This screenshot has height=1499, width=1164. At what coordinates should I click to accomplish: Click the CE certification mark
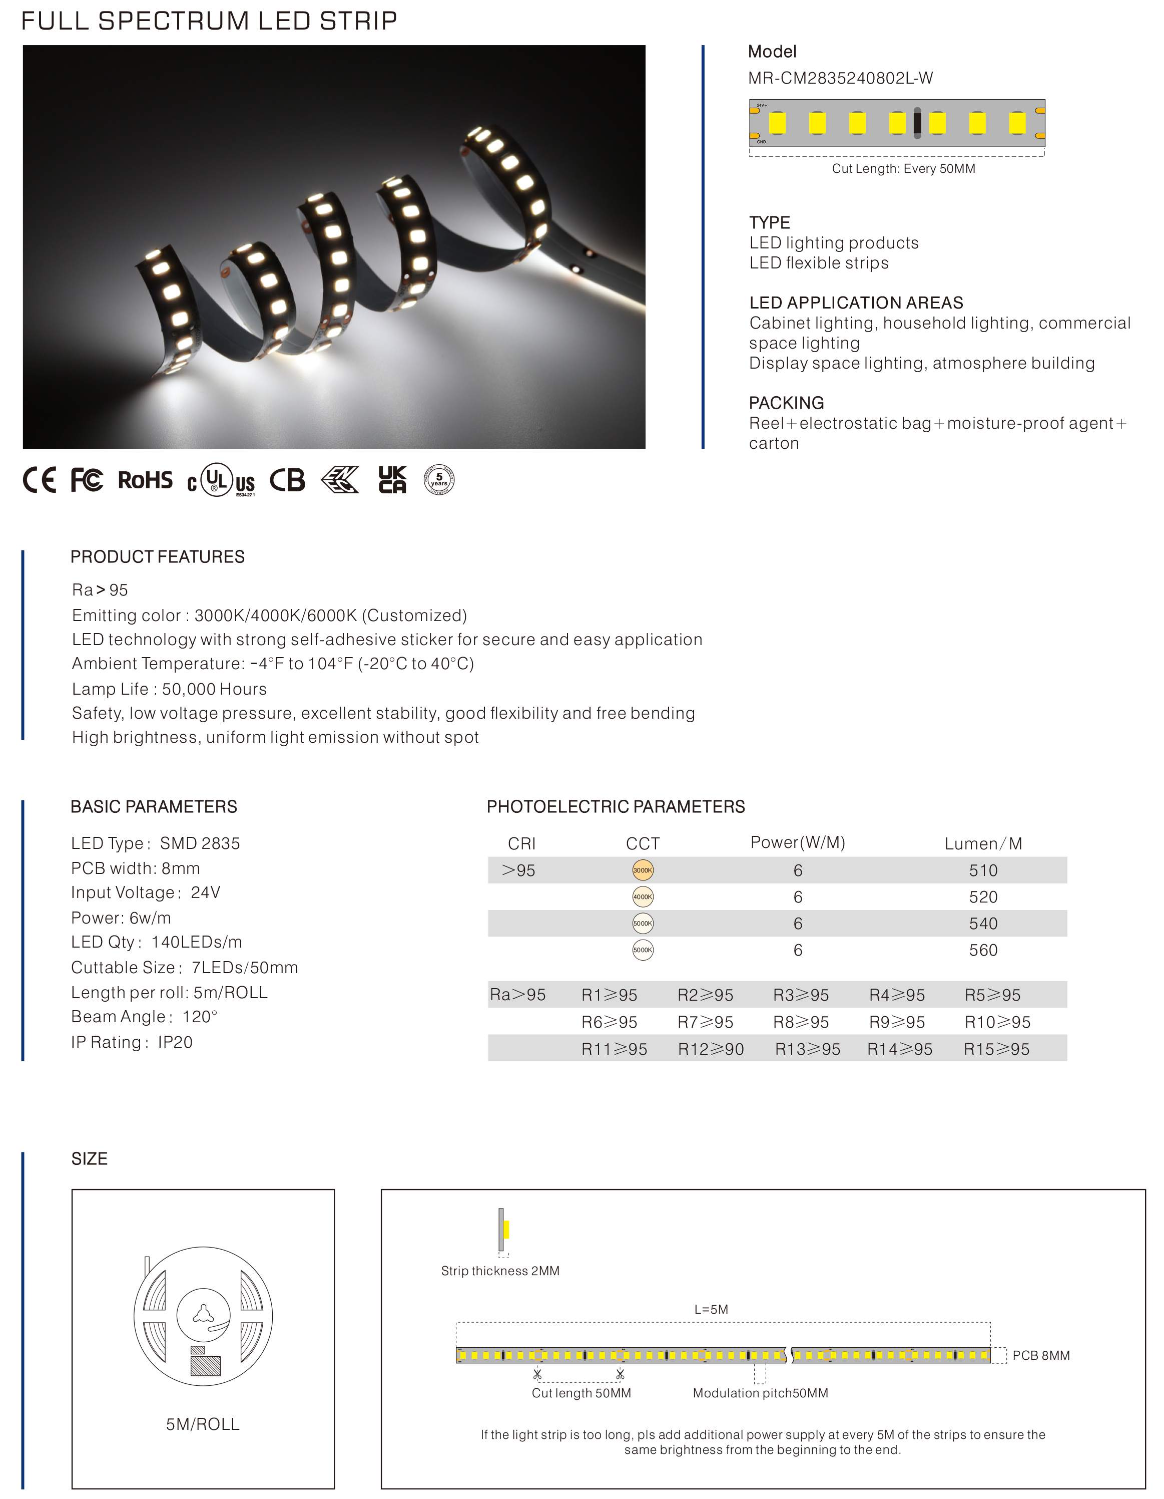tap(39, 480)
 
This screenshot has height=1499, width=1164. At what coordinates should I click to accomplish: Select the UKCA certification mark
tap(392, 480)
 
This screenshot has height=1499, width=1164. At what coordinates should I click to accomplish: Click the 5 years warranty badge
tap(439, 480)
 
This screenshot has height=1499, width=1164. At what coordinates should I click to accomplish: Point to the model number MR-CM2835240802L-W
tap(840, 78)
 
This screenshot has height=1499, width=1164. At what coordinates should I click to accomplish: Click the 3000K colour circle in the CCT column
tap(642, 870)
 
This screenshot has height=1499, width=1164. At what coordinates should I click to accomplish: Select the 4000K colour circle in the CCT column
tap(642, 897)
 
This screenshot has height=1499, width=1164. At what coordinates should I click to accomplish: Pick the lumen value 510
tap(982, 870)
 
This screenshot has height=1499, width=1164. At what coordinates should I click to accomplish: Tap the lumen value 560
tap(982, 951)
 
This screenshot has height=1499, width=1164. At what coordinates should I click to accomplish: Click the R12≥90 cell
tap(711, 1049)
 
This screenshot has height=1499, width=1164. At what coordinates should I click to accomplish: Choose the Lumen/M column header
tap(982, 843)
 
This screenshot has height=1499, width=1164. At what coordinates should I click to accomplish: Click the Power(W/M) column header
tap(797, 843)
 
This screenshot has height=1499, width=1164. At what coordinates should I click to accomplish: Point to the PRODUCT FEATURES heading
tap(157, 556)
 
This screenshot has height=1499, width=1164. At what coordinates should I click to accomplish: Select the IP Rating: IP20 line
tap(132, 1043)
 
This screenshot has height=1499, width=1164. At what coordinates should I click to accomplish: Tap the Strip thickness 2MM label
tap(500, 1271)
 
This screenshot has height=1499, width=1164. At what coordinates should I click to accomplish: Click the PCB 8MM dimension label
tap(1040, 1356)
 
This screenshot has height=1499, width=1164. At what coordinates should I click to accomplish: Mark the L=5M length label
tap(711, 1310)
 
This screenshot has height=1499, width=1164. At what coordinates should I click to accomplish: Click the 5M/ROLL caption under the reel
tap(202, 1425)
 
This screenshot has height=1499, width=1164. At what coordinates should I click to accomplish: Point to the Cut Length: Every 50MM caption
tap(903, 169)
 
